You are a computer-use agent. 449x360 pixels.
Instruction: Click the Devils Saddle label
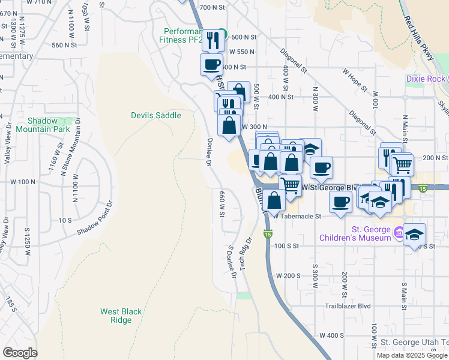pos(156,115)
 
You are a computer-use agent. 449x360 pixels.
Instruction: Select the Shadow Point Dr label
pos(95,220)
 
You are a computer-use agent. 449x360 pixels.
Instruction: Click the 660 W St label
pos(221,201)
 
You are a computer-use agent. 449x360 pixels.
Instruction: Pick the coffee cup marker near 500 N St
pos(211,64)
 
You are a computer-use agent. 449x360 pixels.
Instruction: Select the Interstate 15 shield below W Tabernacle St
pos(268,233)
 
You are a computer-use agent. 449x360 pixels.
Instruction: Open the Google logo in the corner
pos(20,353)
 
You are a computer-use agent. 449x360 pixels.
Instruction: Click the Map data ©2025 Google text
pos(412,355)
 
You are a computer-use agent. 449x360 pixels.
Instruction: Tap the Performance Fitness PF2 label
pos(185,35)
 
